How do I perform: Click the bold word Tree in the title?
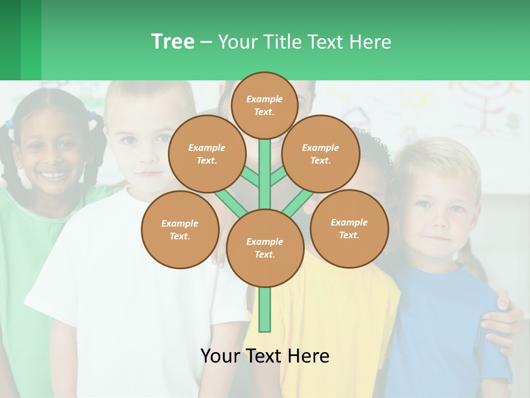click(173, 42)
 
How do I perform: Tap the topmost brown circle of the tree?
click(264, 105)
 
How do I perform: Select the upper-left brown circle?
click(206, 154)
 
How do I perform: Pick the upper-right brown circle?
click(320, 154)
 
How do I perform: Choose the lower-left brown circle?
click(179, 229)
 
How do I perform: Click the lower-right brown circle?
click(349, 228)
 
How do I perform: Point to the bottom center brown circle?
click(264, 248)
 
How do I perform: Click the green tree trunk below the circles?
click(265, 310)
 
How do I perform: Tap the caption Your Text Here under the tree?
click(264, 356)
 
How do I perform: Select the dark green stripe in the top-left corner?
click(10, 40)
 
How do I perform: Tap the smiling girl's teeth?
click(54, 176)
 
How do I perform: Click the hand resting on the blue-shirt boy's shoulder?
click(500, 321)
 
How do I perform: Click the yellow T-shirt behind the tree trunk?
click(331, 310)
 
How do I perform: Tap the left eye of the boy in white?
click(129, 139)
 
